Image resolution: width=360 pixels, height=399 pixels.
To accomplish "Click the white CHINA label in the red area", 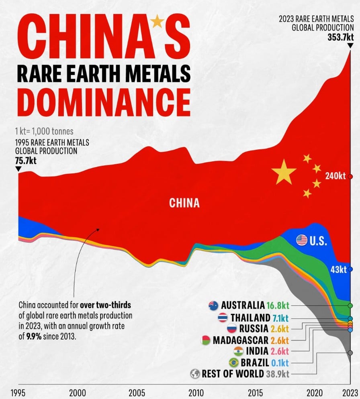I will (184, 203).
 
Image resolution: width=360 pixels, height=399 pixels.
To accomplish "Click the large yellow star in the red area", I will (284, 171).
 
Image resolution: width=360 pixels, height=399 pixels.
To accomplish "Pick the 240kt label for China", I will (335, 176).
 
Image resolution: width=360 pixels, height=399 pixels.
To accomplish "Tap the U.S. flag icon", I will (301, 240).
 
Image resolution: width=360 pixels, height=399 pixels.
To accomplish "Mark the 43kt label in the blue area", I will (338, 269).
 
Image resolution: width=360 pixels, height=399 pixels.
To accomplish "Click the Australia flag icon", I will (213, 305).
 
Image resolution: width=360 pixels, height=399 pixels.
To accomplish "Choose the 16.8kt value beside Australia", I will (277, 305).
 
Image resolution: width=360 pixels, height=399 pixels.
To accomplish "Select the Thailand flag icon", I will (223, 318).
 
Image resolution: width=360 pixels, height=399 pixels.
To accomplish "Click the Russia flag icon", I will (231, 329).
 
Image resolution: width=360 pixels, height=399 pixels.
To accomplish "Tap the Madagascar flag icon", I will (205, 340).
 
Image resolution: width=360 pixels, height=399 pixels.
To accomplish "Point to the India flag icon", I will (239, 351).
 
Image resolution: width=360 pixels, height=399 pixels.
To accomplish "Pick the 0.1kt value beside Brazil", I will (280, 362).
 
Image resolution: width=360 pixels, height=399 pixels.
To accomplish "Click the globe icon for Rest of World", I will (195, 374).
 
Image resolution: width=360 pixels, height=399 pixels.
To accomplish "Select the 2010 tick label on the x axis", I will (196, 392).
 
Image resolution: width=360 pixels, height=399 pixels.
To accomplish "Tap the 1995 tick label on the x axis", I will (19, 392).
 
